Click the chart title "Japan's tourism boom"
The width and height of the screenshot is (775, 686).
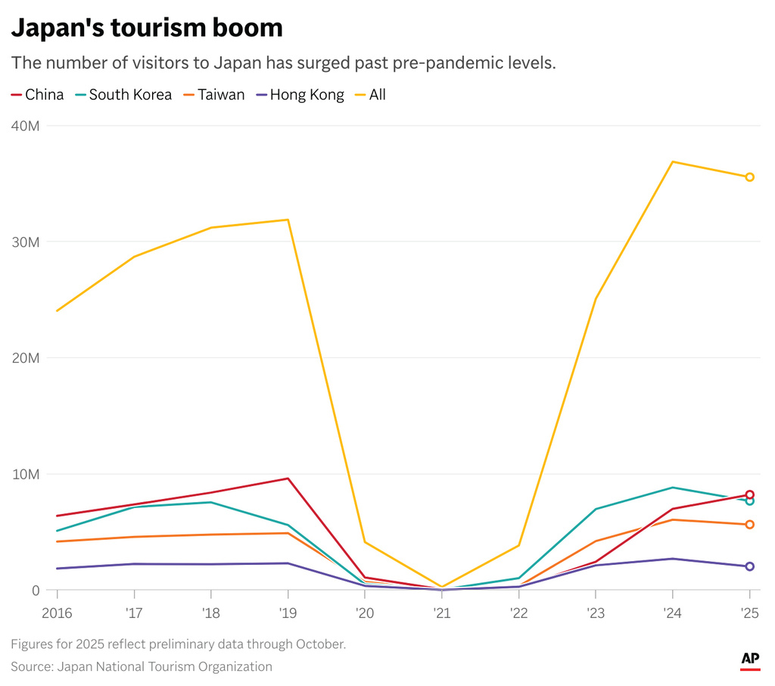(x=147, y=28)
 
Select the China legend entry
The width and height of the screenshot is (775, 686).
(x=38, y=95)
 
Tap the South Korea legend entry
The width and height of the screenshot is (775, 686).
(x=123, y=95)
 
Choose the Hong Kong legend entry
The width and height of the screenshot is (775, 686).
(x=300, y=95)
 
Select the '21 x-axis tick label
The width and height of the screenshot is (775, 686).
(x=441, y=612)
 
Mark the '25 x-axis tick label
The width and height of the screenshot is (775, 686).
(x=749, y=612)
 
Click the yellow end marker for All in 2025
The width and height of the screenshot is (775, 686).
(x=749, y=177)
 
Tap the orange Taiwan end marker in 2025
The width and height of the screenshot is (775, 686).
(x=749, y=525)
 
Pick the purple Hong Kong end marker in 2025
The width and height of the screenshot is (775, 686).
(x=749, y=566)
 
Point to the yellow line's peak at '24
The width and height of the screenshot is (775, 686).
(x=672, y=161)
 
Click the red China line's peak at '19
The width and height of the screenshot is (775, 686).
(x=288, y=479)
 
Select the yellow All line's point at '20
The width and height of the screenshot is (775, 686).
(x=365, y=542)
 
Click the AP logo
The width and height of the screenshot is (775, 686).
(x=749, y=660)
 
